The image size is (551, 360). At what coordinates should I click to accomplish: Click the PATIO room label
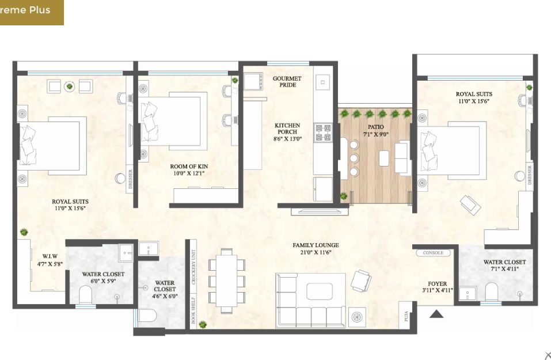point(375,127)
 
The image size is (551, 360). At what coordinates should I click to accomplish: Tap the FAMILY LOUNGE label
point(316,245)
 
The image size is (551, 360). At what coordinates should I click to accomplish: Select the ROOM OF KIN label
point(189,166)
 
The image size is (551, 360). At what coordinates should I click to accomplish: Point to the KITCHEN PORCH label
point(287,128)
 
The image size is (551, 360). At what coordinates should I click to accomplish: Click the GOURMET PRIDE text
point(287,82)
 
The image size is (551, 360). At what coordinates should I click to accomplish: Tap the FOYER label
point(438,284)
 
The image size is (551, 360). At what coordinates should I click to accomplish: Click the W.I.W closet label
point(50,256)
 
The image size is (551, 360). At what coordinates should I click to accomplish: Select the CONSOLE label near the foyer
point(434,253)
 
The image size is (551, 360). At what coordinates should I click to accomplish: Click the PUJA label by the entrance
point(406,316)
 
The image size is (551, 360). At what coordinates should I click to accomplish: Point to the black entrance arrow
point(436,313)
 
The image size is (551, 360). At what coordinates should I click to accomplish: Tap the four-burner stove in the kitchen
point(323,132)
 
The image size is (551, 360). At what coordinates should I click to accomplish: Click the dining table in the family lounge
point(227,281)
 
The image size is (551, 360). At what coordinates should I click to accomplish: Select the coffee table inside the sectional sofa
point(320,291)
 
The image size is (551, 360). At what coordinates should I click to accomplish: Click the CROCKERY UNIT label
point(193,267)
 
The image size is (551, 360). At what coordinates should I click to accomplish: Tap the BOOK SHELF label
point(193,311)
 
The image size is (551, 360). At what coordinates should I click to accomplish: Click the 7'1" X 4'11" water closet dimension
point(504,269)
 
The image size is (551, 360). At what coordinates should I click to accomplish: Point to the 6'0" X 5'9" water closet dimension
point(103,281)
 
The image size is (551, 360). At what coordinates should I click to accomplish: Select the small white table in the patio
point(385,158)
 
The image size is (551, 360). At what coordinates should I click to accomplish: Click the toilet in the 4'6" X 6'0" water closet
point(147,315)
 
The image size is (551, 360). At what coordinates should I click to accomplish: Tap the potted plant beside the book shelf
point(203,324)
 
